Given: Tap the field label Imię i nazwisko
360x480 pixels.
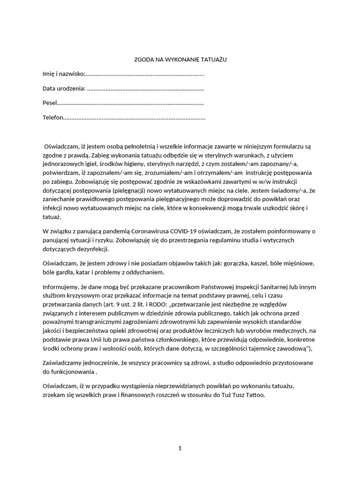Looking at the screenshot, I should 63,74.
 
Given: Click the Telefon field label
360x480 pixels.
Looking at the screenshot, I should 52,117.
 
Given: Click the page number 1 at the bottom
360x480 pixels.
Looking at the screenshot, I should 180,448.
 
